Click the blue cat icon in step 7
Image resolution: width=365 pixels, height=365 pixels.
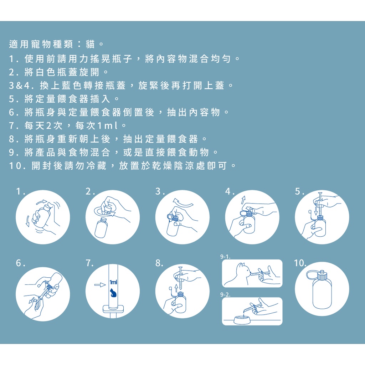pos(113,293)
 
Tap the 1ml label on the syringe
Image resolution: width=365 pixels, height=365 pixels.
pos(113,282)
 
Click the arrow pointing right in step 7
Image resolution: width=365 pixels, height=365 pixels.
pos(100,284)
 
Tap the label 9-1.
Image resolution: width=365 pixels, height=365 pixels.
pos(225,257)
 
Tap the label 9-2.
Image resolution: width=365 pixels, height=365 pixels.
pos(225,295)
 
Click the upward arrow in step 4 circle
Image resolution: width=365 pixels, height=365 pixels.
pos(243,200)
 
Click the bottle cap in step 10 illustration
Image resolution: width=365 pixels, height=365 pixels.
pos(322,275)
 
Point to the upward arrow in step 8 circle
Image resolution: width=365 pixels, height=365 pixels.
pos(176,288)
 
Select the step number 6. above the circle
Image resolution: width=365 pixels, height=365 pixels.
pos(21,263)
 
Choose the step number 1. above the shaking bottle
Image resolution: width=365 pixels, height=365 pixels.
pos(20,191)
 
